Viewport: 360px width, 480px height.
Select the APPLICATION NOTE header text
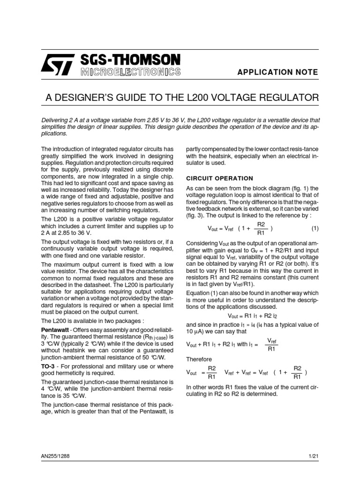coord(278,72)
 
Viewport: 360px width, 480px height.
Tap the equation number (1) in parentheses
coord(315,228)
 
